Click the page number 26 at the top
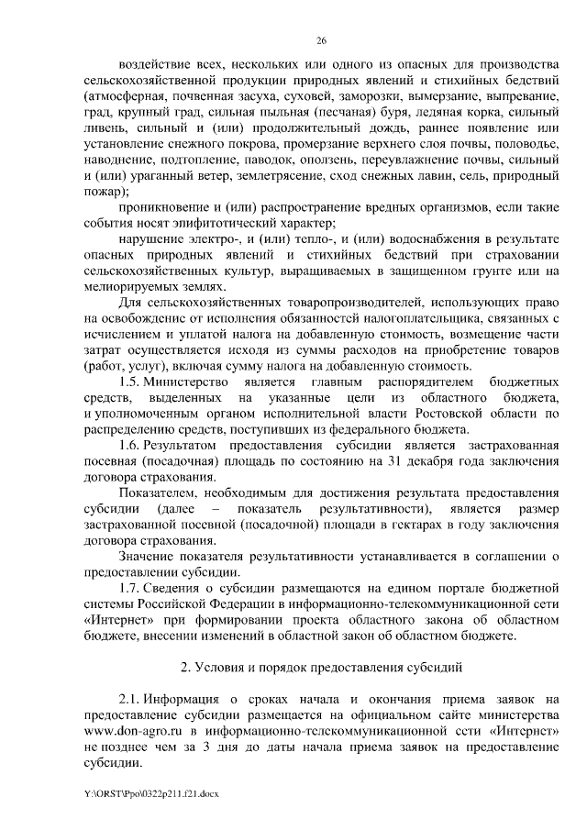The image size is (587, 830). [x=321, y=40]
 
